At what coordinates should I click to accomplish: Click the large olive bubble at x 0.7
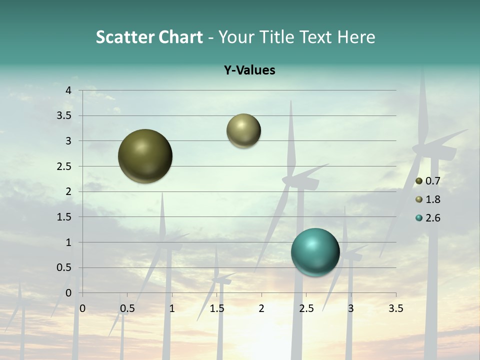tap(145, 156)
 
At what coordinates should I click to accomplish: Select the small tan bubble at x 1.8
tap(243, 130)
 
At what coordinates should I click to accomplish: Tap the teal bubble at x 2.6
tap(315, 252)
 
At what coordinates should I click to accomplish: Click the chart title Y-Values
tap(249, 70)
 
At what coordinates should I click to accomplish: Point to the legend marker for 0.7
tap(419, 181)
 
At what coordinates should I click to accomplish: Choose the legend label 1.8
tap(432, 199)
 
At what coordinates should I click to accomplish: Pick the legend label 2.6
tap(432, 218)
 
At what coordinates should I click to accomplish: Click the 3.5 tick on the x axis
tap(395, 308)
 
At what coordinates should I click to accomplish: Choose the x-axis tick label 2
tap(261, 308)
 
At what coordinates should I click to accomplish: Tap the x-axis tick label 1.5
tap(216, 308)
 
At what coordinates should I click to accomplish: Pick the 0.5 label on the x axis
tap(127, 308)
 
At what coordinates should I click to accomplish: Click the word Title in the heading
tap(279, 37)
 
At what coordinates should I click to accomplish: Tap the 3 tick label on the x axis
tap(351, 308)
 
